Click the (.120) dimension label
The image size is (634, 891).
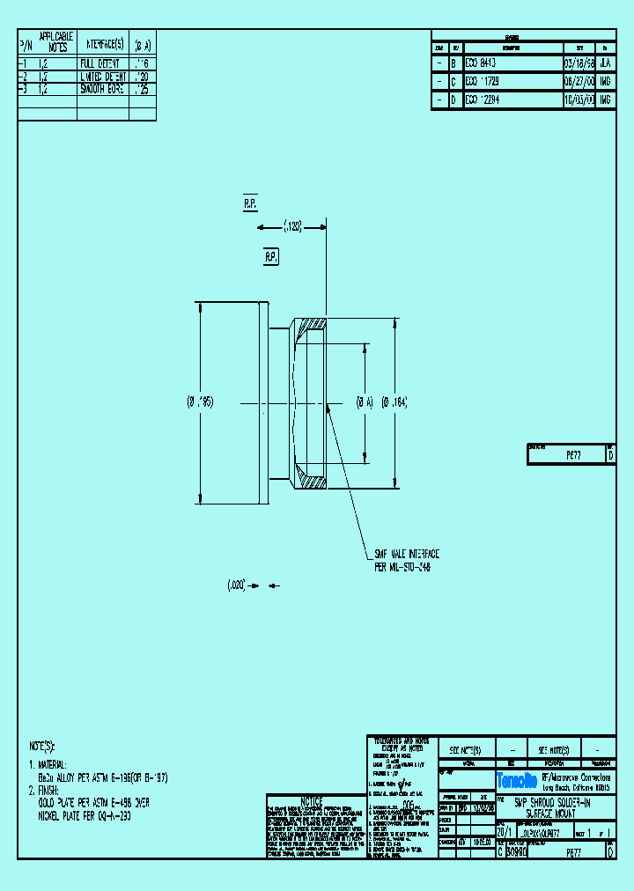click(292, 227)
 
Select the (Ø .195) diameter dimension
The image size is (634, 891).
click(200, 401)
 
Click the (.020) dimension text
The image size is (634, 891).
click(235, 584)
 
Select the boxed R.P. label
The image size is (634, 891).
click(271, 257)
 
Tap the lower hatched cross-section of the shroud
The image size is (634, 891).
click(311, 475)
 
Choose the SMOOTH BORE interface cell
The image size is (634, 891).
click(102, 89)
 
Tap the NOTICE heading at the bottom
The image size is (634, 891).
click(313, 801)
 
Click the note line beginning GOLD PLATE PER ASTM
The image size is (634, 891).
click(92, 802)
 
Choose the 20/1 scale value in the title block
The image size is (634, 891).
click(504, 831)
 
